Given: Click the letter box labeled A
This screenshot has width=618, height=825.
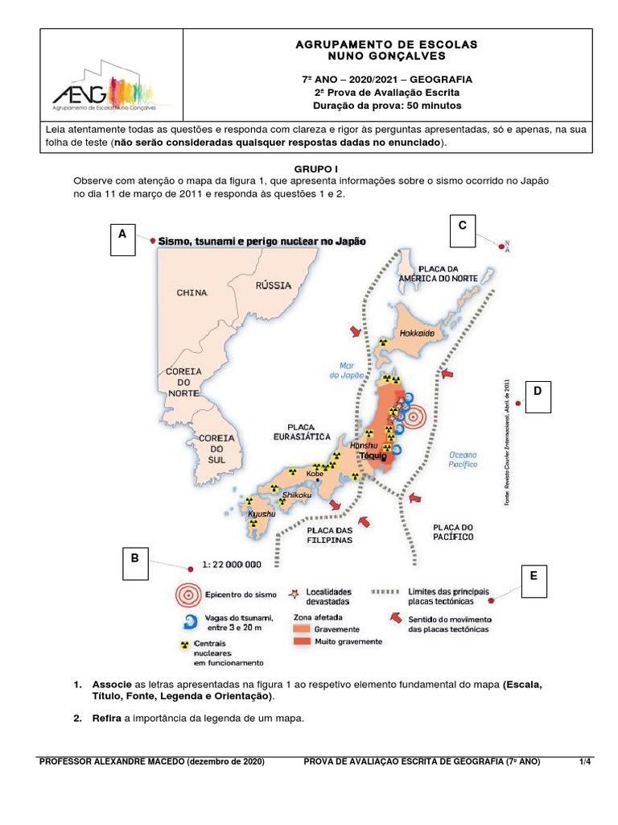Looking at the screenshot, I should tap(122, 240).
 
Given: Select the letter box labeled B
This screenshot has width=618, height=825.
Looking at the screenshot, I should tap(135, 563).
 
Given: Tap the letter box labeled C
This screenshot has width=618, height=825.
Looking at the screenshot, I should tap(463, 232).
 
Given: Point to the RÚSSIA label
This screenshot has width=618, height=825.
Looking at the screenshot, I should tap(274, 285).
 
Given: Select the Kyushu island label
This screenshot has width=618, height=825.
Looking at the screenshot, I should tap(262, 513).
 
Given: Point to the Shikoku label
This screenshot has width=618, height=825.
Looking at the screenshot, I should tap(297, 495).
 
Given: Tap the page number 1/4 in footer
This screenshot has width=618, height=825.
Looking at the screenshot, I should tap(585, 761).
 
